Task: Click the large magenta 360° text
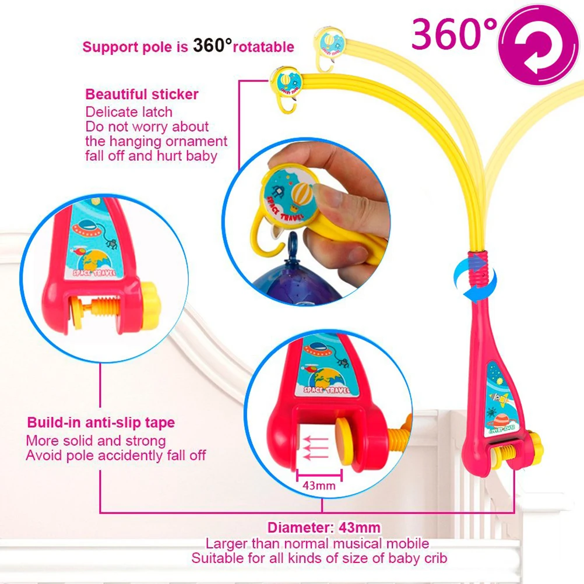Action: tap(455, 34)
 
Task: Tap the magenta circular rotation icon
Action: tap(538, 45)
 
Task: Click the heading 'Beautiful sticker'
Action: tap(142, 94)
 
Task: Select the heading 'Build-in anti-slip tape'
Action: tap(101, 423)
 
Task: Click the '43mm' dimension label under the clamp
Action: tap(319, 486)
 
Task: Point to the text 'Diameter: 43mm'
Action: tap(323, 527)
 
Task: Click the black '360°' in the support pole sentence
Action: tap(212, 45)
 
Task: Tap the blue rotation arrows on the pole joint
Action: tap(475, 277)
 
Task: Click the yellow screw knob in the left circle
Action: tap(151, 306)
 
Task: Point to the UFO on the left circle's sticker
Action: tap(86, 228)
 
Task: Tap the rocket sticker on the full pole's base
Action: tap(501, 399)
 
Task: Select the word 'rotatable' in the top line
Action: tap(263, 47)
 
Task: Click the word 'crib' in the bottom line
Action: tap(435, 558)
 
